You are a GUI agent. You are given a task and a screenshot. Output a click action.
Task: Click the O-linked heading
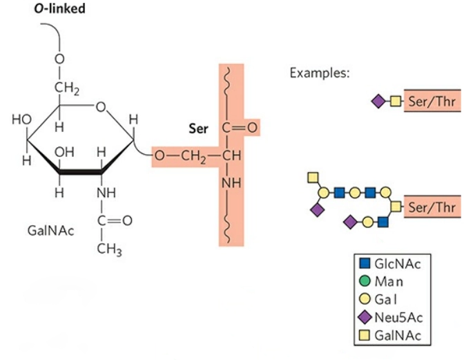[x=59, y=8]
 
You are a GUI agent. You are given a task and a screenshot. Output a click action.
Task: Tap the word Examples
[x=319, y=73]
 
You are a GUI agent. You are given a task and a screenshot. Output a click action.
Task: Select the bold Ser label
[x=198, y=129]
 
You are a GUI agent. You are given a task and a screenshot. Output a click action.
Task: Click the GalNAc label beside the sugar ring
[x=50, y=231]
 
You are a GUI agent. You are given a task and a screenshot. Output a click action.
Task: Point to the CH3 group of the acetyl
[x=109, y=249]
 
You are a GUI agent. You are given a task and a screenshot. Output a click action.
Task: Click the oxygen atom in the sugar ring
[x=101, y=107]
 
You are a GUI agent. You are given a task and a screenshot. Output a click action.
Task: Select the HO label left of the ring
[x=21, y=120]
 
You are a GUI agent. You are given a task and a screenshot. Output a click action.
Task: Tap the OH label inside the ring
[x=64, y=152]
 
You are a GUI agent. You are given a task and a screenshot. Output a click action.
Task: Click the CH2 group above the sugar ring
[x=67, y=88]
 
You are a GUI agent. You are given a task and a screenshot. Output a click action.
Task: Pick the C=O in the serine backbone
[x=240, y=128]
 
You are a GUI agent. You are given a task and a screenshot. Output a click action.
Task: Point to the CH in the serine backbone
[x=232, y=155]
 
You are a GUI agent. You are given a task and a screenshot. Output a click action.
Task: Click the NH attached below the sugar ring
[x=106, y=193]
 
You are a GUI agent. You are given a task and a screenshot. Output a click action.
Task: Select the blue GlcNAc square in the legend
[x=365, y=263]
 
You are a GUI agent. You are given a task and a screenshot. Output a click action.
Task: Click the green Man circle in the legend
[x=365, y=281]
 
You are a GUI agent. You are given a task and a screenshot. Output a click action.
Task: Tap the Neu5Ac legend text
[x=398, y=318]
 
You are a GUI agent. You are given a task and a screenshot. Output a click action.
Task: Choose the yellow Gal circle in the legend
[x=365, y=299]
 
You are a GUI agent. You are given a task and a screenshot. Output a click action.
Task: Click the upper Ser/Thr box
[x=432, y=101]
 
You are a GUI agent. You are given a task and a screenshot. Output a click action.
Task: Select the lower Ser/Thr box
[x=432, y=207]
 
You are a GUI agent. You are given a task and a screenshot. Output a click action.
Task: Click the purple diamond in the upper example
[x=378, y=101]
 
